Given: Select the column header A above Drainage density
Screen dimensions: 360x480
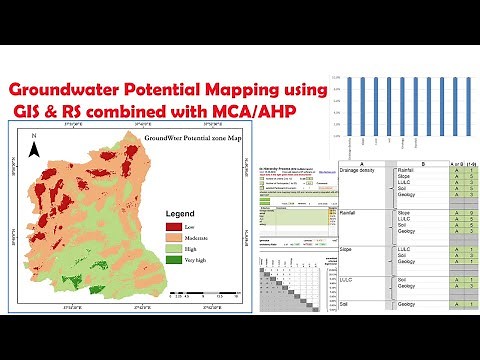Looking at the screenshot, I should point(365,164).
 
